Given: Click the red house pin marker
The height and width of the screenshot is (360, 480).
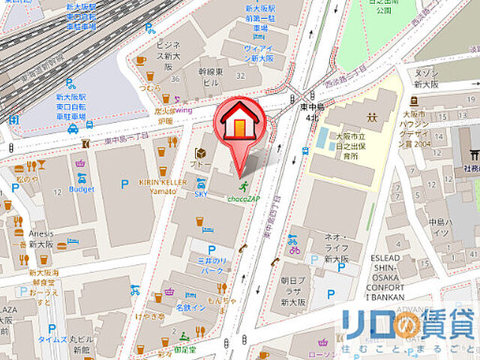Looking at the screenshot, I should click(239, 120).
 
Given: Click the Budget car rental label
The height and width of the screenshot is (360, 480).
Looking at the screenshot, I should click(82, 190).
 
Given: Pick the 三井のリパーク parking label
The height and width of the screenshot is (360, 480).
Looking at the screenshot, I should click(211, 262).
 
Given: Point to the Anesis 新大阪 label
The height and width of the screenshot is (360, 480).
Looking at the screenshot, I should click(41, 238).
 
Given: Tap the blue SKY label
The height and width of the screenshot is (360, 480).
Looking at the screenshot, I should click(200, 193).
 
